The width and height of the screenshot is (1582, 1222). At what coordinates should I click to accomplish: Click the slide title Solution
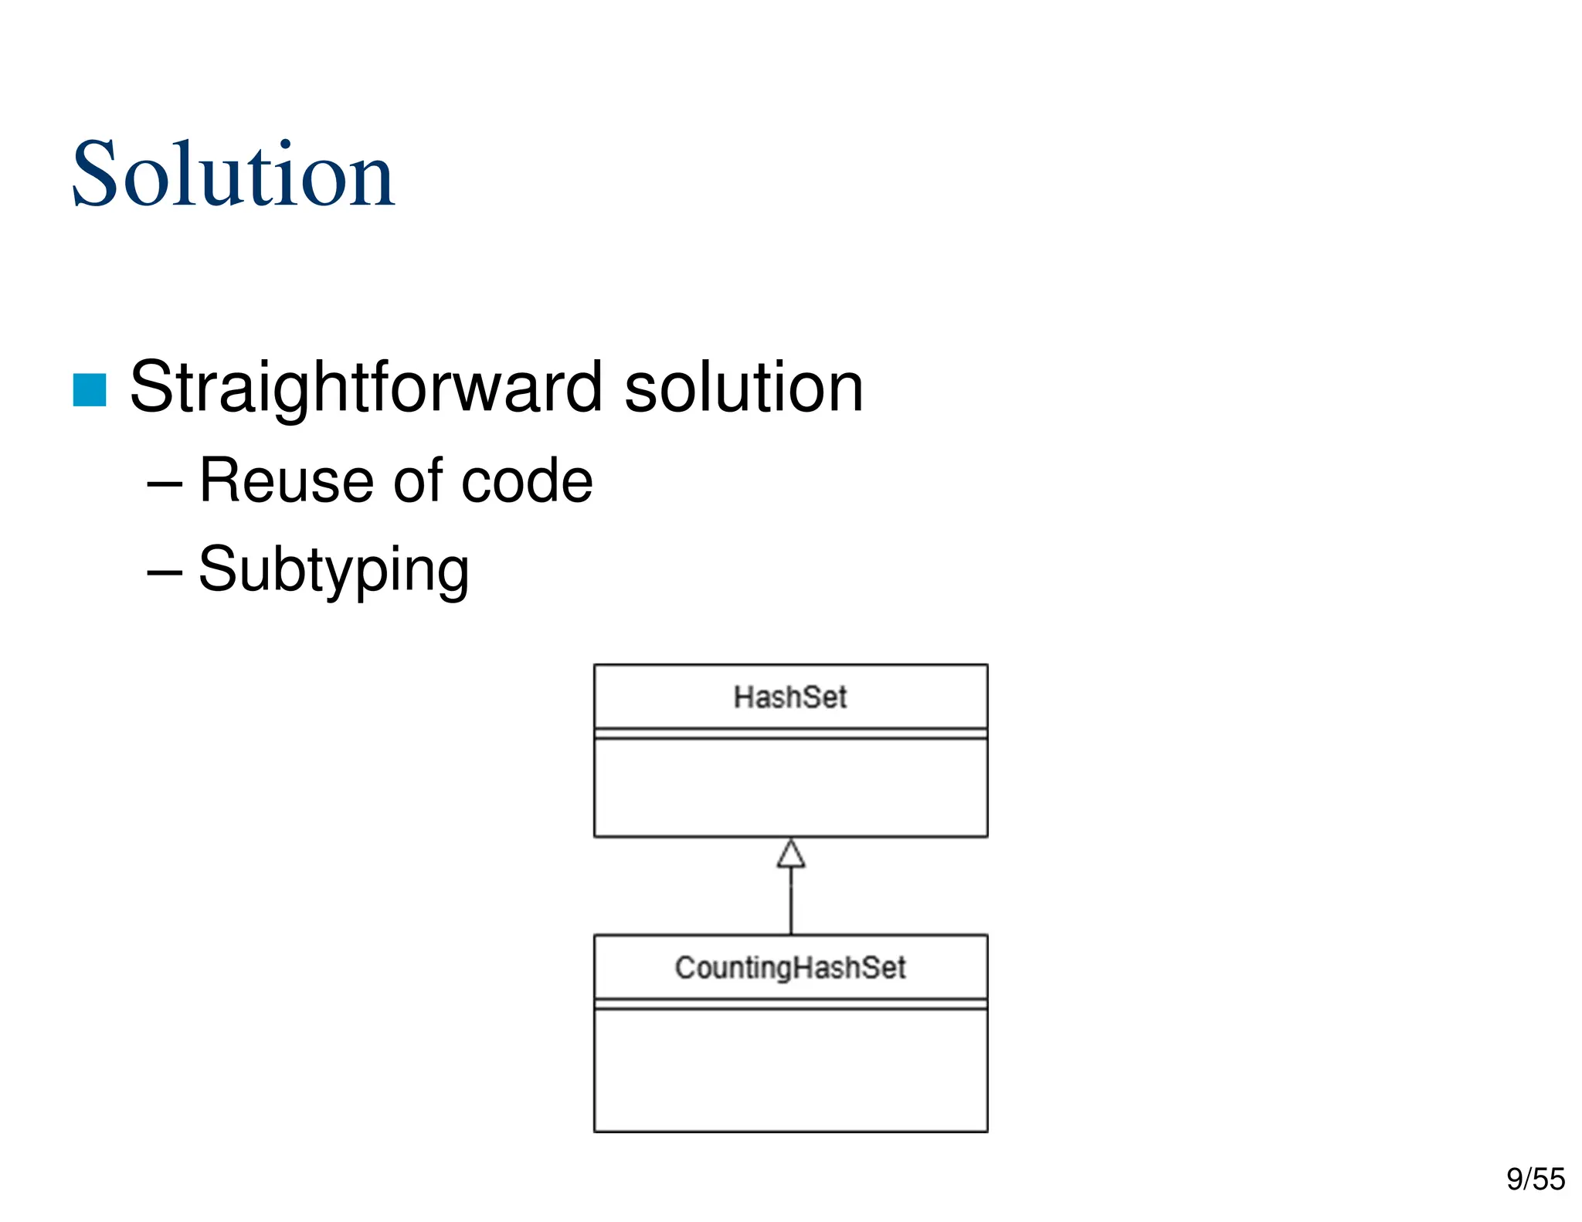233,175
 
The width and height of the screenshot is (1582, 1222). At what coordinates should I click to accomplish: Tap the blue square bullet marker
90,389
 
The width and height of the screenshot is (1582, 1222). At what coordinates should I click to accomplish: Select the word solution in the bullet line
743,388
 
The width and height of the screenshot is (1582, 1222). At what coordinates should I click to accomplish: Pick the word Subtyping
334,570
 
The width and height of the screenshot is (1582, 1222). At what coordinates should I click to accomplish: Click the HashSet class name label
790,698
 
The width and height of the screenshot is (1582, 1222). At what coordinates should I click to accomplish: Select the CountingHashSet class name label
790,968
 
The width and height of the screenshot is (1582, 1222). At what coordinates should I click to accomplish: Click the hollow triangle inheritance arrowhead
791,854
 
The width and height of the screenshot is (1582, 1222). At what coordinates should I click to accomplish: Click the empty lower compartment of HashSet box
790,788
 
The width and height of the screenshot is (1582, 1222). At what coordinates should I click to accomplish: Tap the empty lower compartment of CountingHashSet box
790,1070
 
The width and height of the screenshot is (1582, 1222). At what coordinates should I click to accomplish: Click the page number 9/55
1535,1180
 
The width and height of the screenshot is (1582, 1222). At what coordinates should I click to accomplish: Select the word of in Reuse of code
422,481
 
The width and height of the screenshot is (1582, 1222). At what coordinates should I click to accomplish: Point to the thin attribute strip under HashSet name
790,733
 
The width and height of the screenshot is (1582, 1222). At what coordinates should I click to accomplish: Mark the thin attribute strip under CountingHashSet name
790,1003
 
